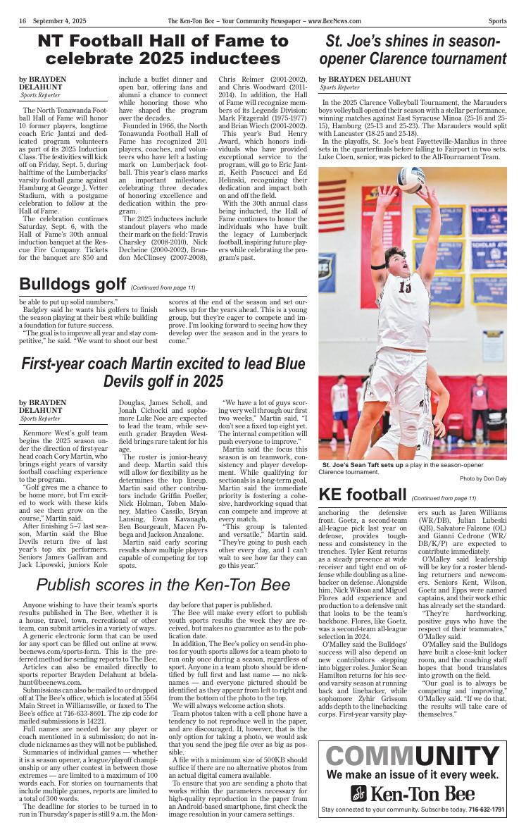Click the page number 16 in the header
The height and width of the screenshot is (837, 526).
click(23, 21)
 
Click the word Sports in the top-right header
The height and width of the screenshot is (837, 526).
click(497, 21)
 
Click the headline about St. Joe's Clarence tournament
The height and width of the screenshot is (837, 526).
click(413, 50)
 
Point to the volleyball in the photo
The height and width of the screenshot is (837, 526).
click(411, 180)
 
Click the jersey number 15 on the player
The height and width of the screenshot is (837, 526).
click(405, 287)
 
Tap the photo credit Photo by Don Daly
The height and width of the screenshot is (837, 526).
click(482, 478)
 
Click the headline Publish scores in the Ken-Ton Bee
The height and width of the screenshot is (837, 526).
click(163, 585)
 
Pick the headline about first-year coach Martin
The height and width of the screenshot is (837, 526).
click(163, 373)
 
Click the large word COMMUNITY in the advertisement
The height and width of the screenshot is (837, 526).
click(412, 757)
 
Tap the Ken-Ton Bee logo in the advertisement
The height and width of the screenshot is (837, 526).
click(412, 793)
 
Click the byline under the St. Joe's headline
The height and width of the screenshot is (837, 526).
click(365, 79)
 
